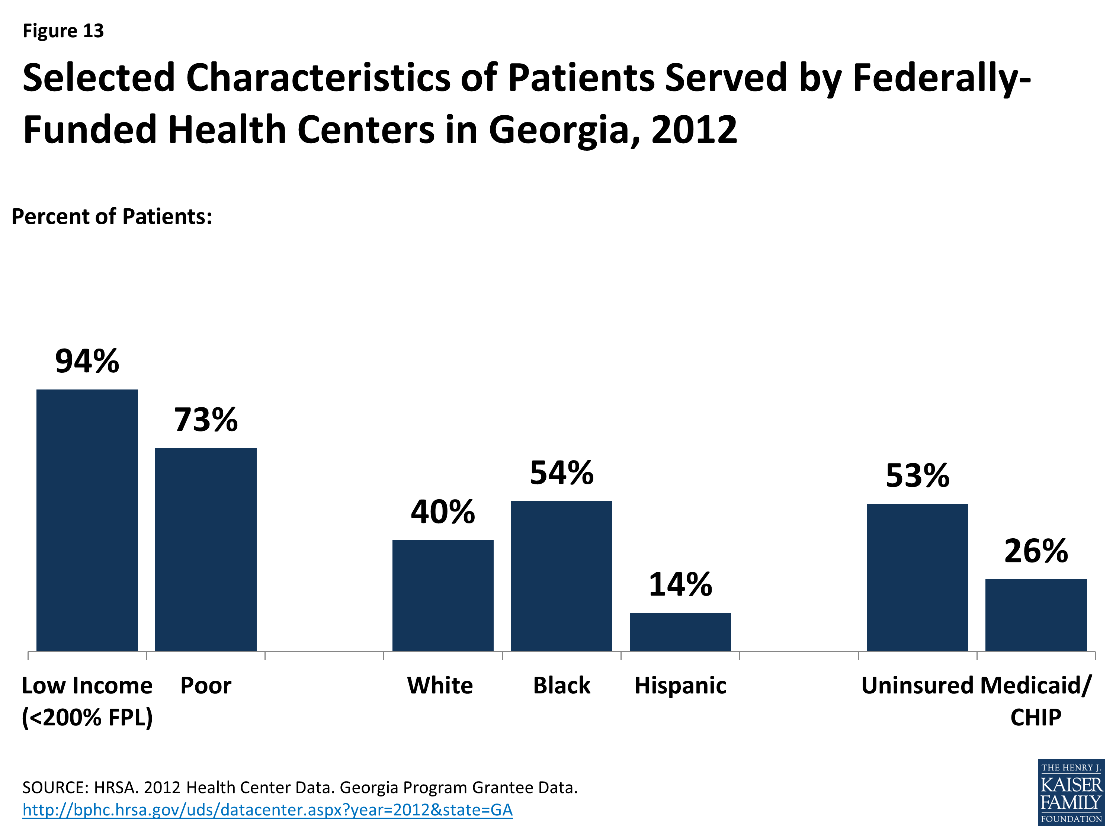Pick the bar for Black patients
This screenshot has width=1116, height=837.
pos(561,575)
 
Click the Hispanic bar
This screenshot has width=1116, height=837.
pos(680,632)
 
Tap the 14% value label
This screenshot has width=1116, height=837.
pos(680,585)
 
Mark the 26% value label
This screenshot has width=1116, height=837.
pos(1035,551)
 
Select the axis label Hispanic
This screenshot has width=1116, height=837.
pos(680,686)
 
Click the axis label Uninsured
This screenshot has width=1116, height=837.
pos(917,686)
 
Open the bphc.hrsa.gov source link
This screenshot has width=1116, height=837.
pos(267,810)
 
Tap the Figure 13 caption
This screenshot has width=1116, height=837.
pos(63,31)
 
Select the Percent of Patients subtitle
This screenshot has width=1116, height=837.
pos(112,217)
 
